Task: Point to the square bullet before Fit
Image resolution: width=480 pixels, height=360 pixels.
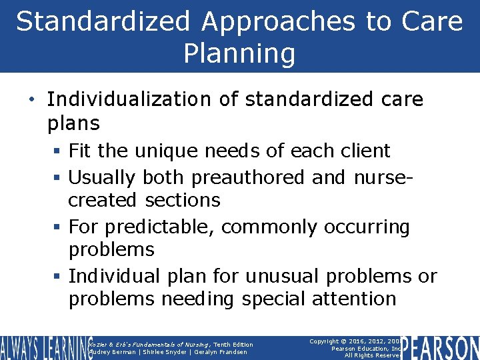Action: coord(60,151)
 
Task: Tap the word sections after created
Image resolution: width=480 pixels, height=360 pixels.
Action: coord(183,200)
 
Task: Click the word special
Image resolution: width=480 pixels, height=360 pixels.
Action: coord(270,299)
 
